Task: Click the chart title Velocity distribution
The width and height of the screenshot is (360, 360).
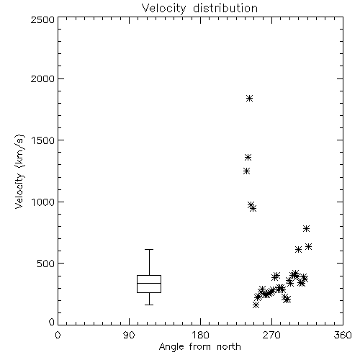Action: pyautogui.click(x=199, y=8)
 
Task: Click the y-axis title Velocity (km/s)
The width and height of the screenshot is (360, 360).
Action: pyautogui.click(x=19, y=171)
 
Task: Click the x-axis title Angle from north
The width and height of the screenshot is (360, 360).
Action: pyautogui.click(x=199, y=347)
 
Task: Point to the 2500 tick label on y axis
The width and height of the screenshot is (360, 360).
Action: pyautogui.click(x=42, y=19)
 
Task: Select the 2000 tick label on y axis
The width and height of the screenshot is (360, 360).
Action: pyautogui.click(x=42, y=79)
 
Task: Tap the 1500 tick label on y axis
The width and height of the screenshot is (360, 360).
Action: pyautogui.click(x=43, y=140)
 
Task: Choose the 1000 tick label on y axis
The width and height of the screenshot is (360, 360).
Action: pyautogui.click(x=43, y=202)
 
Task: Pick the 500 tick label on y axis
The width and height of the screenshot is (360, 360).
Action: pyautogui.click(x=46, y=264)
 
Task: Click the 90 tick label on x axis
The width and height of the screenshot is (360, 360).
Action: pyautogui.click(x=129, y=335)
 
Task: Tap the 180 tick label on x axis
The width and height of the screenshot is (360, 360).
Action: pyautogui.click(x=200, y=335)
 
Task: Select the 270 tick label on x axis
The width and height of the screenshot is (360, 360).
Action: pyautogui.click(x=271, y=335)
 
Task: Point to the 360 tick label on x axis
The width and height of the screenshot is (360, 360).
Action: pyautogui.click(x=343, y=335)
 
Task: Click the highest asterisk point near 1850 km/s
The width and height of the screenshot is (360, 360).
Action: pyautogui.click(x=249, y=98)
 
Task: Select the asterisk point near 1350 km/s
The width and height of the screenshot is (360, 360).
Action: pyautogui.click(x=248, y=158)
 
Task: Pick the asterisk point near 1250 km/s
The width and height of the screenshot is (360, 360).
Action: pyautogui.click(x=246, y=171)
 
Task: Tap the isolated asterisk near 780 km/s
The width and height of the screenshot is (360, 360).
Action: pyautogui.click(x=306, y=228)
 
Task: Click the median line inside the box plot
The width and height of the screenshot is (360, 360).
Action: pyautogui.click(x=149, y=283)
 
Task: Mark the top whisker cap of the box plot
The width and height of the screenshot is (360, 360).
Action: pyautogui.click(x=149, y=250)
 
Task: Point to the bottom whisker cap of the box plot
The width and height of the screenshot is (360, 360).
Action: pyautogui.click(x=149, y=305)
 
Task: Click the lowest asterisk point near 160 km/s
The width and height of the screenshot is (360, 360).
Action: pyautogui.click(x=256, y=305)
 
